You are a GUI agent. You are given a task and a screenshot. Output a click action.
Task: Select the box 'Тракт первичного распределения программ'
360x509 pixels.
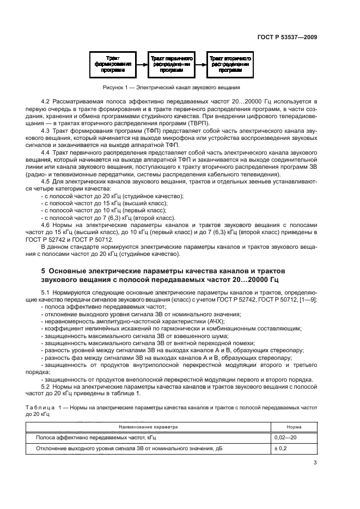[x=172, y=64]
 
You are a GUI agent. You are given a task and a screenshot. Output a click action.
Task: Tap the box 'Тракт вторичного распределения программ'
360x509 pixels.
[x=229, y=64]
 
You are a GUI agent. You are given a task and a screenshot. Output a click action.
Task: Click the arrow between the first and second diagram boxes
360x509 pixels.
[x=142, y=64]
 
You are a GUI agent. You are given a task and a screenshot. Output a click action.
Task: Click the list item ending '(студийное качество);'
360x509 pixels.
[x=112, y=196]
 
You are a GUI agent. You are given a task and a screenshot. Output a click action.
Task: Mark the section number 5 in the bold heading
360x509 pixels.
[x=44, y=271]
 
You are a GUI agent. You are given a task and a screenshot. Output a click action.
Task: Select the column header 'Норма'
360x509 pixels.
[x=294, y=427]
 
